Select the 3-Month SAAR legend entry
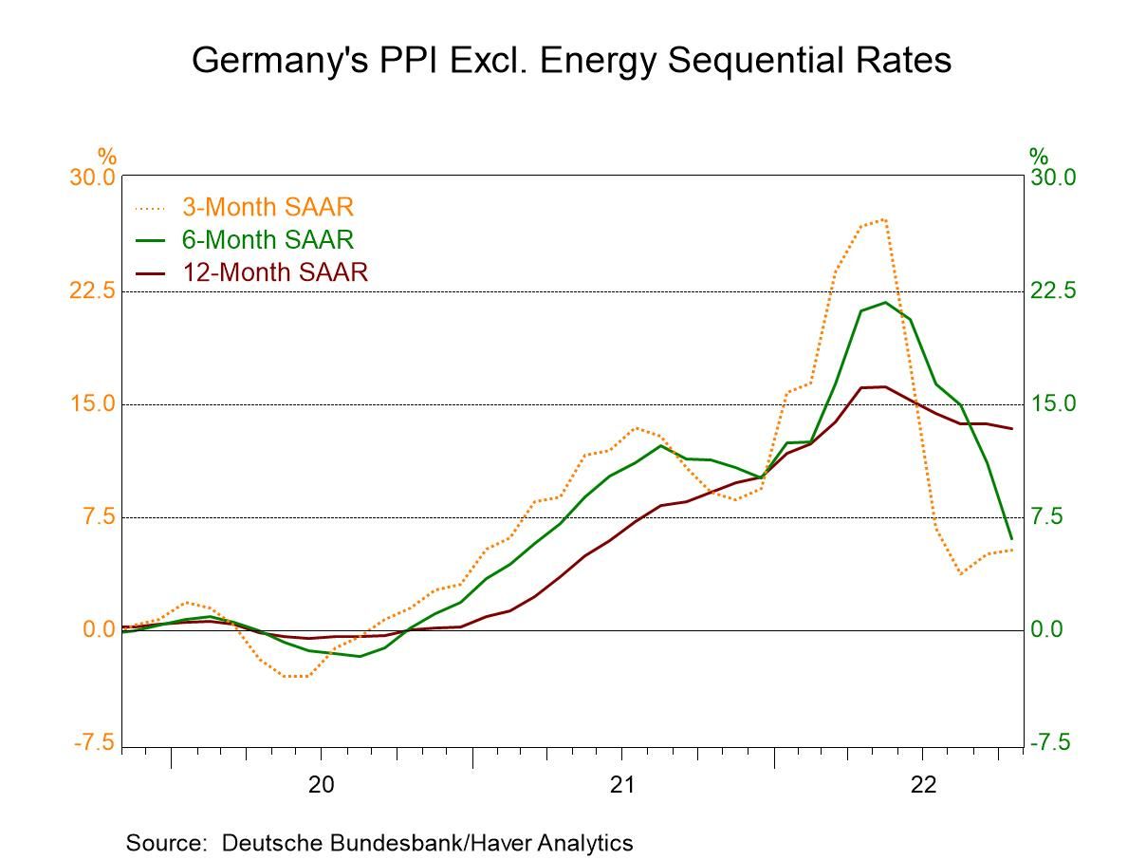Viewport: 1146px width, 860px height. pyautogui.click(x=267, y=207)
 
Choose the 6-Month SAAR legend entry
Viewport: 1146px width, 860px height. pyautogui.click(x=267, y=239)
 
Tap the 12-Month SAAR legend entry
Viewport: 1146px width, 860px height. pyautogui.click(x=273, y=272)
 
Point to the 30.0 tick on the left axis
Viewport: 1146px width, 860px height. pyautogui.click(x=93, y=178)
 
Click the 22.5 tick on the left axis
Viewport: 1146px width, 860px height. pyautogui.click(x=93, y=290)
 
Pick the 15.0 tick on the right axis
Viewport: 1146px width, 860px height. pyautogui.click(x=1054, y=403)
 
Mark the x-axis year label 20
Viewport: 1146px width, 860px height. pyautogui.click(x=321, y=785)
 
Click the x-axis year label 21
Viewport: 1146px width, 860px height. pyautogui.click(x=621, y=785)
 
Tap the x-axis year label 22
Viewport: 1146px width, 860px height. pyautogui.click(x=923, y=785)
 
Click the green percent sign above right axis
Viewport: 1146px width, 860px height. pyautogui.click(x=1039, y=156)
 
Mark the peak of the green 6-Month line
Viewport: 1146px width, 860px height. pyautogui.click(x=885, y=302)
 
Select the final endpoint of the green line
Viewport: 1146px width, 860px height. pyautogui.click(x=1011, y=538)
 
